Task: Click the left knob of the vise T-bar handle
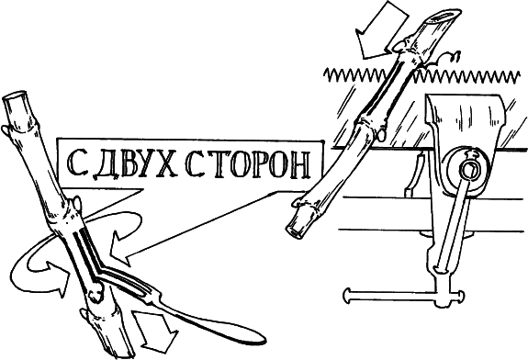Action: tap(350, 294)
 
